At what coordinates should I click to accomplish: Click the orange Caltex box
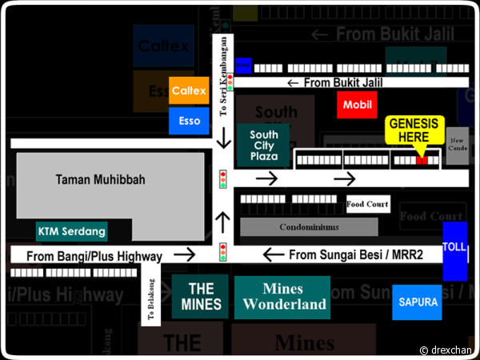coord(189,91)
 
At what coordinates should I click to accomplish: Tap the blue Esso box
coord(189,121)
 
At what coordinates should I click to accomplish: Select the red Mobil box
coord(357,105)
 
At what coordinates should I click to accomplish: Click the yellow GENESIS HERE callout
coord(414,130)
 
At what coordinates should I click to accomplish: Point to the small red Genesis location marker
coord(422,160)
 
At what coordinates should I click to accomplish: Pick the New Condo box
coord(457,145)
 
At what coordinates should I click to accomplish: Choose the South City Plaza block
coord(262,146)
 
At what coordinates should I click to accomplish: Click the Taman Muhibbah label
coord(100,180)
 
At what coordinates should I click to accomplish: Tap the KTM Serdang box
coord(71,231)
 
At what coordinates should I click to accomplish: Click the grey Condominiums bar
coord(308,227)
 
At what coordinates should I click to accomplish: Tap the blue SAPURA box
coord(417,302)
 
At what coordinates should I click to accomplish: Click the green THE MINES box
coord(200,297)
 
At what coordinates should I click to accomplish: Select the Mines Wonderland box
coord(283,297)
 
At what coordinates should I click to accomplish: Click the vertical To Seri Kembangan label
coord(223,77)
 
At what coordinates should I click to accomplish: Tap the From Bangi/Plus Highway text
coord(94,256)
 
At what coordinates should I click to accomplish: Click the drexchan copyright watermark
coord(446,350)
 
